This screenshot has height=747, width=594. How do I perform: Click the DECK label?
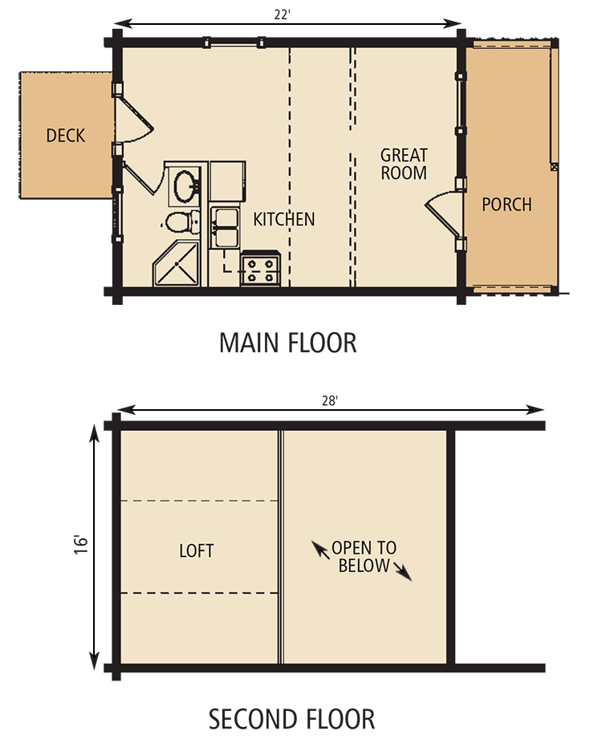point(65,136)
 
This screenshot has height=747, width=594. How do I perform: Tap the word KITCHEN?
point(284,219)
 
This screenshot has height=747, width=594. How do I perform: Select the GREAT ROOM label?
point(404,163)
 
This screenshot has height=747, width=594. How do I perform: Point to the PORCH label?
point(507,205)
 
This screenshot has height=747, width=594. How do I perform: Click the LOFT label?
point(197,550)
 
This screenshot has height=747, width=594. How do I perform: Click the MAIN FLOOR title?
point(288,343)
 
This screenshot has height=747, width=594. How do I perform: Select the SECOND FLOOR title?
point(291,718)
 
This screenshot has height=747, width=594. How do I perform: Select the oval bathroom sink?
point(186,185)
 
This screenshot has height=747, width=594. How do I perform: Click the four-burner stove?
point(260,269)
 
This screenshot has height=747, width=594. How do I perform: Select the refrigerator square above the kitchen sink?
point(228,181)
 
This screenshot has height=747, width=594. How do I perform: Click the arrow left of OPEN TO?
point(320,550)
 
